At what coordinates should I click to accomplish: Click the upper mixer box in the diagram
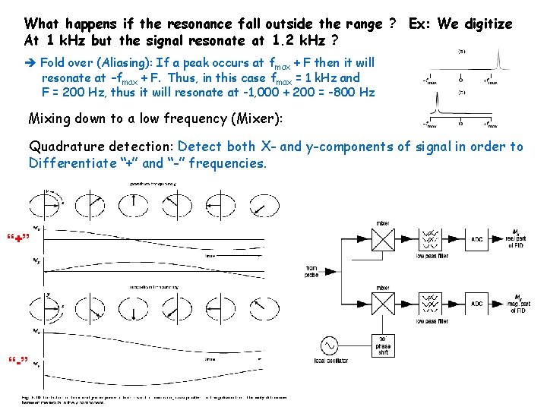click(382, 240)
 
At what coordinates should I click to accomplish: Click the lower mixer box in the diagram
click(382, 303)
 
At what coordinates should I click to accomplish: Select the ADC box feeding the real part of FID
click(476, 240)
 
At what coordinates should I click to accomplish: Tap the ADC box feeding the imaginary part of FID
click(476, 303)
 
